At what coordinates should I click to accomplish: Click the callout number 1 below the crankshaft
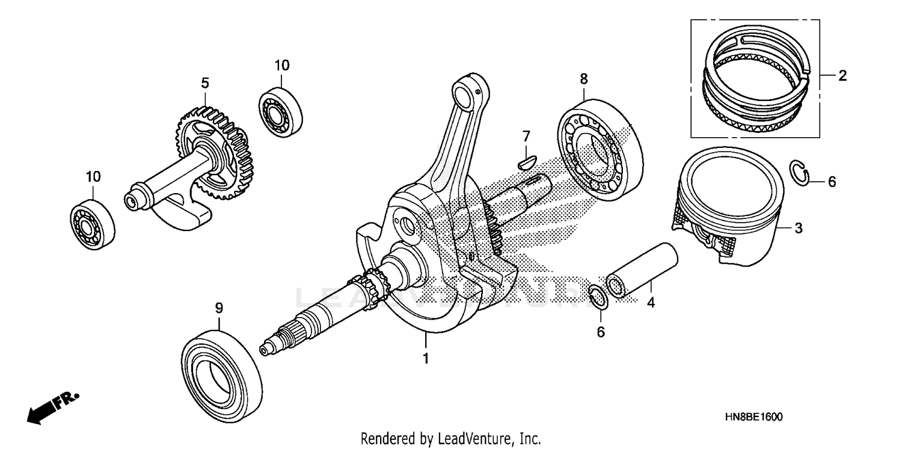click(x=425, y=359)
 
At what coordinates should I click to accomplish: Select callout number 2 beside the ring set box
click(x=842, y=76)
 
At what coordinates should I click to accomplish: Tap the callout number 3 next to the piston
click(x=798, y=228)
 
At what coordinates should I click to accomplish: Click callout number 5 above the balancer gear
click(x=205, y=82)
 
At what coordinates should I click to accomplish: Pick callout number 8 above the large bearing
click(x=583, y=78)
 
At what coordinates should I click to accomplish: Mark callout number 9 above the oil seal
click(x=219, y=308)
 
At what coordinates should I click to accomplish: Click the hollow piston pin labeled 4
click(x=642, y=270)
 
